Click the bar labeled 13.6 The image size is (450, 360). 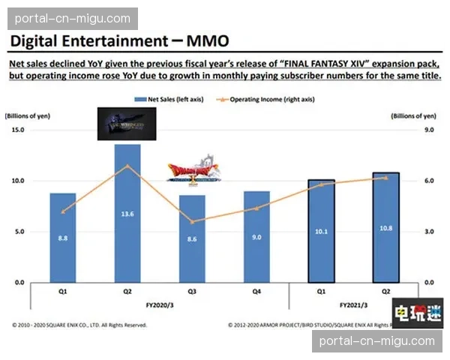(127, 214)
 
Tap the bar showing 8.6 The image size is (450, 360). (192, 238)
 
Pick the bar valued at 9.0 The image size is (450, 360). (256, 237)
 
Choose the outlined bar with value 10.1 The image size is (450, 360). (322, 231)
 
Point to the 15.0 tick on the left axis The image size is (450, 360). (18, 130)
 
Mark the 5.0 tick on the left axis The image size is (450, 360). (19, 232)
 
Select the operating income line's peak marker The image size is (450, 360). (127, 166)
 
